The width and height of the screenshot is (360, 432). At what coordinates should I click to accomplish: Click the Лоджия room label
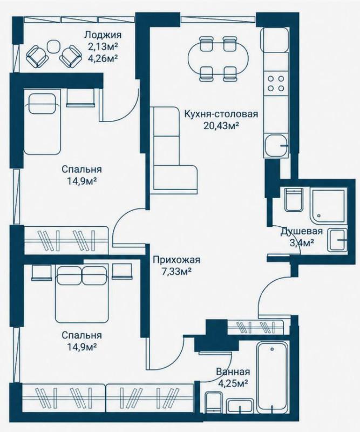[103, 35]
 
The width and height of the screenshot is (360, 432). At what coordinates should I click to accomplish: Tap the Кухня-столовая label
[221, 114]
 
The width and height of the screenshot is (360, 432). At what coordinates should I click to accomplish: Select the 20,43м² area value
[221, 126]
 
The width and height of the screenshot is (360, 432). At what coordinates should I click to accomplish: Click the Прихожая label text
[176, 260]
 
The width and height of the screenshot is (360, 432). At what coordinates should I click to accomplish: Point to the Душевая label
[301, 231]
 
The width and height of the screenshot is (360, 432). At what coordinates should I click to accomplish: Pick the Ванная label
[233, 372]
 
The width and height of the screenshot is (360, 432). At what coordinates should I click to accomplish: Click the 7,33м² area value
[176, 272]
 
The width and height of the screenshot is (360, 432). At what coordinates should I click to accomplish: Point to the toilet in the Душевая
[294, 200]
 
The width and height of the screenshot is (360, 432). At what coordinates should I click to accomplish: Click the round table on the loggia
[53, 47]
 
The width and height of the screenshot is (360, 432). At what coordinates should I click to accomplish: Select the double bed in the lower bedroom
[81, 294]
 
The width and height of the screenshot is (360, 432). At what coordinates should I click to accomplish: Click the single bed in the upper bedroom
[42, 122]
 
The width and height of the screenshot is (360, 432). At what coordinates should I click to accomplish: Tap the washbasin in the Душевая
[337, 240]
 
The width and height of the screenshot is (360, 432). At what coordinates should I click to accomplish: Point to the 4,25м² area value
[233, 383]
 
